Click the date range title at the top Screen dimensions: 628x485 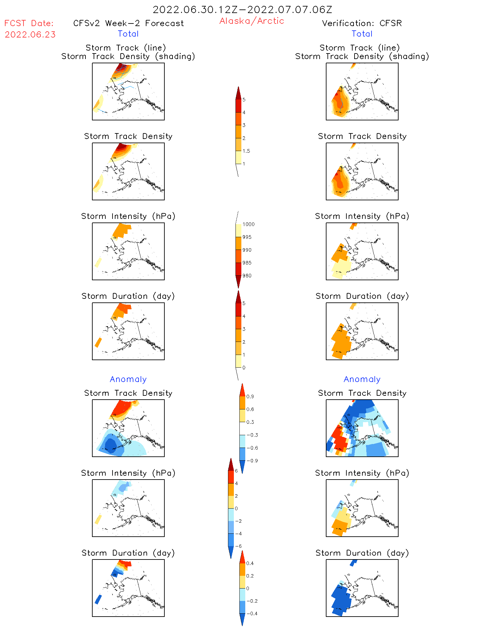coord(242,10)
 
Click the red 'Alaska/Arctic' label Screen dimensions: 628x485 coord(251,21)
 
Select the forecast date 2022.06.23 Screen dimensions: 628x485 coord(30,35)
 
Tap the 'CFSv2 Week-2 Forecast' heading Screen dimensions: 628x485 coord(129,23)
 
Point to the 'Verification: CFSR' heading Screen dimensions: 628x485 coord(362,23)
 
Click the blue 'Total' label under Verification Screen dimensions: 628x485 coord(362,34)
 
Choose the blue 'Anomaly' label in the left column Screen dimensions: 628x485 coord(128,379)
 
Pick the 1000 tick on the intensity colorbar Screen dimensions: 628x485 coord(248,224)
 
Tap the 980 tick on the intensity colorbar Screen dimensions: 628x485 coord(247,276)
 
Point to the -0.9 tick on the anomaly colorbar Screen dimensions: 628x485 coord(252,461)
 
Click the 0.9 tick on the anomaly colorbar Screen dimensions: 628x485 coord(250,397)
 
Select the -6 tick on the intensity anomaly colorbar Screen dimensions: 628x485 coord(238,546)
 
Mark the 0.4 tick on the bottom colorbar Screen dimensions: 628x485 coord(250,563)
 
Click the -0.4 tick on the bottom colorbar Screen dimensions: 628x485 coord(252,614)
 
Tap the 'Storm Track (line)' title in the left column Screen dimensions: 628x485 coord(126,48)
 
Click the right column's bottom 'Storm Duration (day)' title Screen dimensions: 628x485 coord(362,553)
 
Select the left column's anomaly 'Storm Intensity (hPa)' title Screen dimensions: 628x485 coord(128,473)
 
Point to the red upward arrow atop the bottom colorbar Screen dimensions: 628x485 coord(242,557)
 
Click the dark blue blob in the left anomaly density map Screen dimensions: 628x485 coord(111,445)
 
